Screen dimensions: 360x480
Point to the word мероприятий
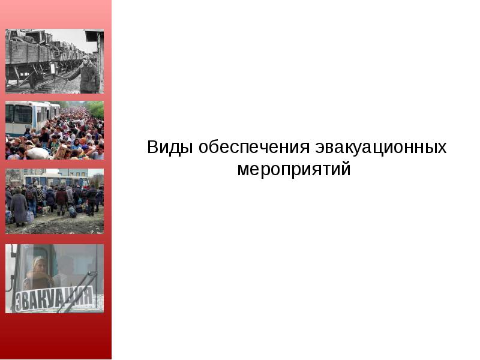coord(293,169)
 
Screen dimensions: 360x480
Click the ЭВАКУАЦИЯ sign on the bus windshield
coord(54,297)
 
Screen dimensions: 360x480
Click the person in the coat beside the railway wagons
coord(88,74)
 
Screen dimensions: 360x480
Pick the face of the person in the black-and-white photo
coord(85,61)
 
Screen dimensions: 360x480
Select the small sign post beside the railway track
coord(53,69)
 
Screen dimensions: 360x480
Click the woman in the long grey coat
coord(19,207)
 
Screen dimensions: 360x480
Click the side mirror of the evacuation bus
coord(10,276)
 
